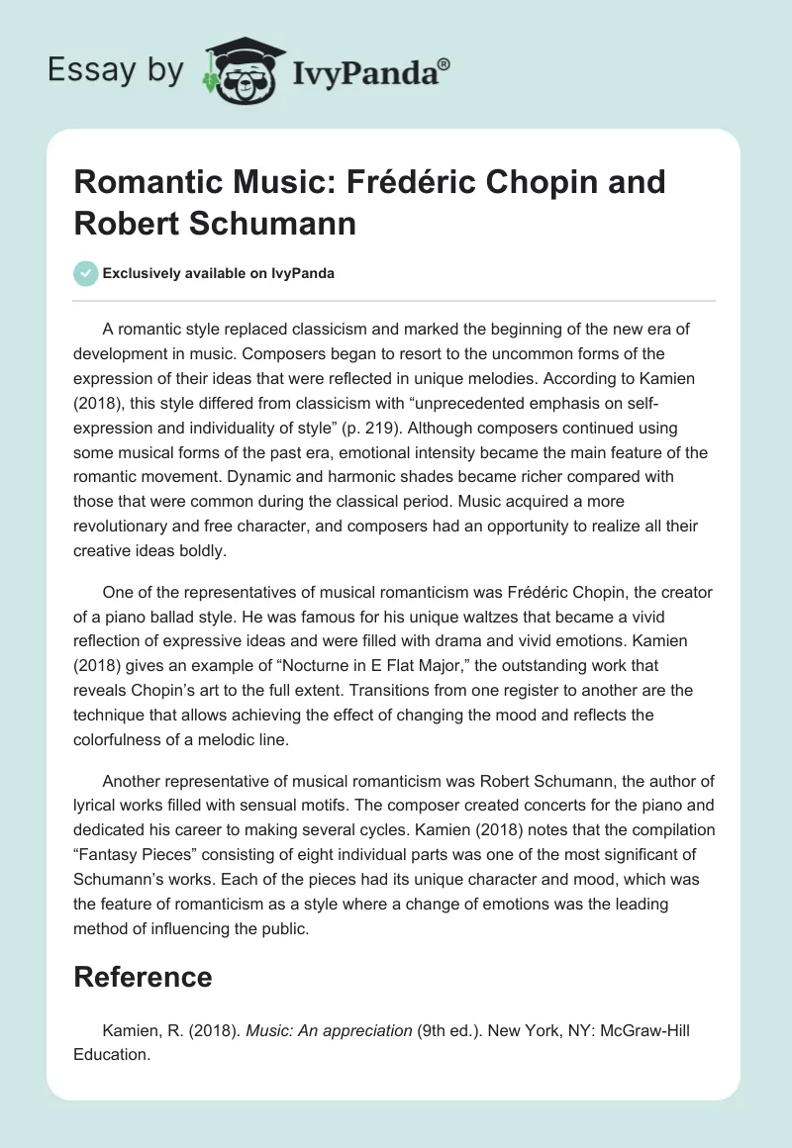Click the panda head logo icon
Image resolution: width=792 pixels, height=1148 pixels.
243,68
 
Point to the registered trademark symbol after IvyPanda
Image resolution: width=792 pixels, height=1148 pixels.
445,62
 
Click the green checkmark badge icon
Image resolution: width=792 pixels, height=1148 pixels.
85,273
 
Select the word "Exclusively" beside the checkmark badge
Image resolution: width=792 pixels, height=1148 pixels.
143,273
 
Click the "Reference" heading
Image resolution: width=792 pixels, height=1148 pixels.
143,977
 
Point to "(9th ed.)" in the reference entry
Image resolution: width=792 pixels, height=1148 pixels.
451,1030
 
